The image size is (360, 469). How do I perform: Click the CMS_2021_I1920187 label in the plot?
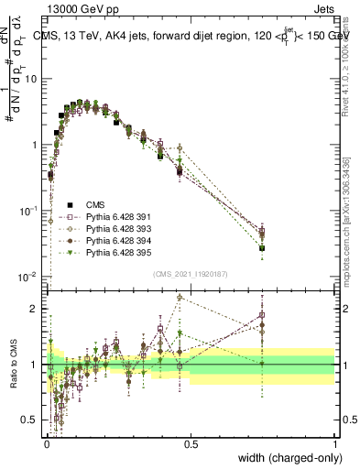[x=191, y=273]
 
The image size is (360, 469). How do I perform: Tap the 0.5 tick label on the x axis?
[x=191, y=442]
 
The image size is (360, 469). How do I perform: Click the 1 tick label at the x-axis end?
[x=335, y=442]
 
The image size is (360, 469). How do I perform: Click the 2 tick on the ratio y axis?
[x=35, y=309]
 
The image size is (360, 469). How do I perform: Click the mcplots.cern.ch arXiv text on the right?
[x=345, y=220]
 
